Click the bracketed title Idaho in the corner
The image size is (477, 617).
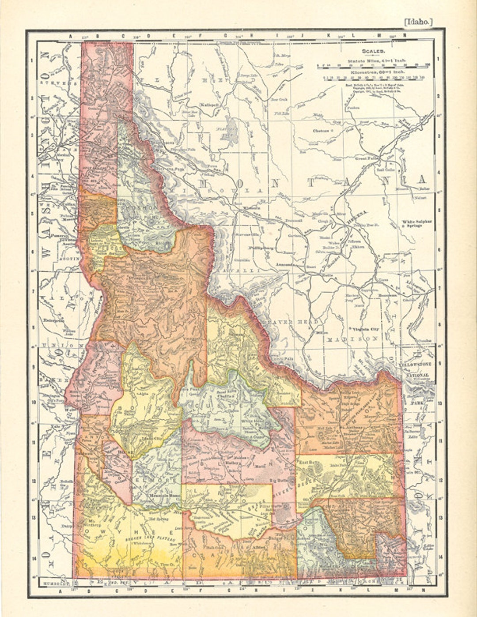pyautogui.click(x=418, y=22)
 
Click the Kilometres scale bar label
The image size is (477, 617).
pyautogui.click(x=371, y=71)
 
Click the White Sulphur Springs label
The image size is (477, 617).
pyautogui.click(x=417, y=223)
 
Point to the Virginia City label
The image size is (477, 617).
pyautogui.click(x=364, y=329)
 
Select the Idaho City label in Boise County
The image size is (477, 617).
pyautogui.click(x=151, y=439)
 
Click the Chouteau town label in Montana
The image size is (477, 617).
pyautogui.click(x=321, y=131)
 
